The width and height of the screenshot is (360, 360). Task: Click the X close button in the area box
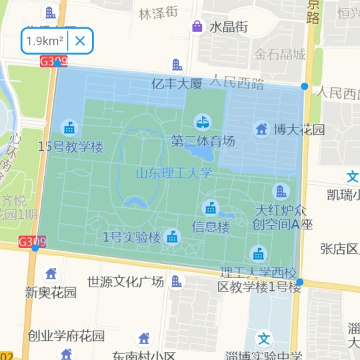point(80,41)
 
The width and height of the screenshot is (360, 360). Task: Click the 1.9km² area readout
point(45,41)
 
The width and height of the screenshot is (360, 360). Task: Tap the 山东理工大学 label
point(174,173)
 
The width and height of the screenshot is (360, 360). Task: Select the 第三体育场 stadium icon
point(202,123)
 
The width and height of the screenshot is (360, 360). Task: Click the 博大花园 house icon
point(261,128)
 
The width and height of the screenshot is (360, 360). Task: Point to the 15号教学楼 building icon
point(69,127)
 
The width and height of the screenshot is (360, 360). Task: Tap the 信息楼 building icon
point(211,208)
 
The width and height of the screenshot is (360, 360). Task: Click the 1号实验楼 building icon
point(173,237)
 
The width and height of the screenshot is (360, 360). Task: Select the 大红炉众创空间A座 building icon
point(281,191)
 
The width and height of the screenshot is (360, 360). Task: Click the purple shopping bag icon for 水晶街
point(197,27)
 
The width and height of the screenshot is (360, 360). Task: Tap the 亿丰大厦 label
point(177,84)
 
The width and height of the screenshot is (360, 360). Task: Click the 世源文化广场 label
point(126,281)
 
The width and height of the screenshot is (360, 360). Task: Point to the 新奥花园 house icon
point(51,273)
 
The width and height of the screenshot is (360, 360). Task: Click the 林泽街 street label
point(158,12)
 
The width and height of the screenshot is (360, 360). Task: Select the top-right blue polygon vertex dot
point(305,86)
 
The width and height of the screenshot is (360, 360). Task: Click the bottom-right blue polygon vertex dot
point(300,282)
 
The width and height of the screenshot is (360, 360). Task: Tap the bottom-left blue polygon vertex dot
point(35,247)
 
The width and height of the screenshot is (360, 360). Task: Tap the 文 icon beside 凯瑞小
point(352,177)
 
